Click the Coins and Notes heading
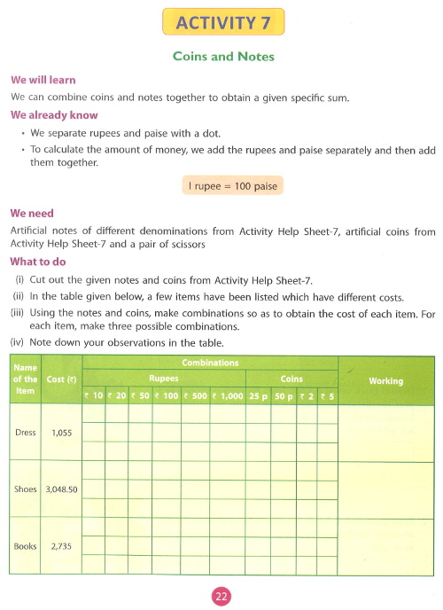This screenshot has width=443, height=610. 221,58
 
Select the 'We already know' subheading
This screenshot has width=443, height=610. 53,115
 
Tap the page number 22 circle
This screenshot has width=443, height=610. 221,596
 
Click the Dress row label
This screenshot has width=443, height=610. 27,433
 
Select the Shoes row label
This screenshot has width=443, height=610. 27,489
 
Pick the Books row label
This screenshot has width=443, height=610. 26,546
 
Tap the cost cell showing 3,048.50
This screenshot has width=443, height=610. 61,489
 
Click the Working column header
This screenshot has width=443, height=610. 385,381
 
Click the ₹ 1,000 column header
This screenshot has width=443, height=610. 227,395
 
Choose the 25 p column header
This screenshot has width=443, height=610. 259,395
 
